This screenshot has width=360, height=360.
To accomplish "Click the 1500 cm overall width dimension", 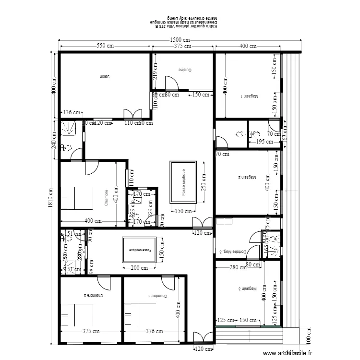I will click(x=180, y=40).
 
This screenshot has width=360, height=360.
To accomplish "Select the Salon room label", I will click(x=105, y=77).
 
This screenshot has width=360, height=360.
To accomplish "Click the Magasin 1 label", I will click(x=249, y=96).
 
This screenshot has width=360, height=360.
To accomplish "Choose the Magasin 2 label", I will click(x=246, y=177).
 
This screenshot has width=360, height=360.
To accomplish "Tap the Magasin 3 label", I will click(x=248, y=289).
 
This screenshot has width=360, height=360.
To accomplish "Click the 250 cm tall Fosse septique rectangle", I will click(x=183, y=182).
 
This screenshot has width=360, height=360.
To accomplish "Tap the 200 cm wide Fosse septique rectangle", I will click(x=140, y=250).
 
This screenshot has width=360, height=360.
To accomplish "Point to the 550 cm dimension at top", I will click(x=105, y=46).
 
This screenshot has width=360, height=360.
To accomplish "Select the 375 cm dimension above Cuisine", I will click(x=183, y=46).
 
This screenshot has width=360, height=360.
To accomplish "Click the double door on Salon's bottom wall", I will click(x=132, y=114).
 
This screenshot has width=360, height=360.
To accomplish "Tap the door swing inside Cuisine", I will click(x=170, y=83).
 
